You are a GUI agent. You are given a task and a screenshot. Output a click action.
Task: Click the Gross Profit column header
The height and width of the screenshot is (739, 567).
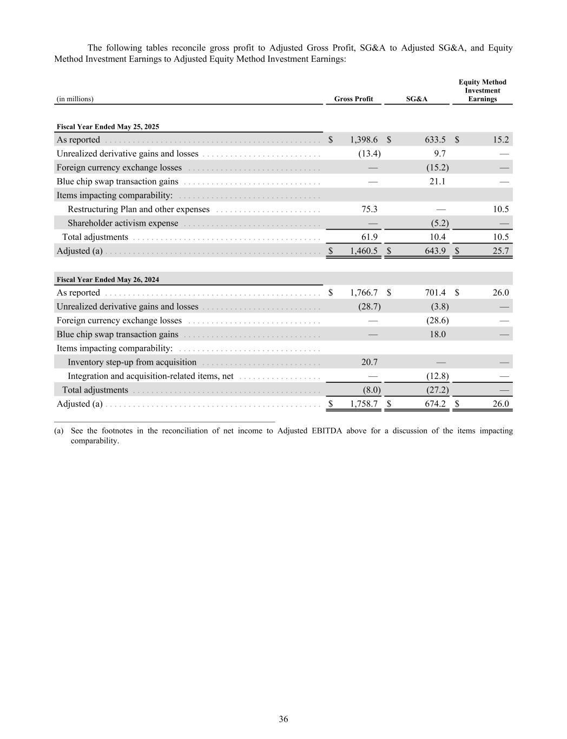click(x=353, y=99)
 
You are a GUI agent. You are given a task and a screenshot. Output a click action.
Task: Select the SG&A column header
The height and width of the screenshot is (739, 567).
click(x=417, y=99)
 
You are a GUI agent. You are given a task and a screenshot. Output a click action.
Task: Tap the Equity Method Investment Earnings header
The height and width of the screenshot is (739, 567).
click(x=482, y=90)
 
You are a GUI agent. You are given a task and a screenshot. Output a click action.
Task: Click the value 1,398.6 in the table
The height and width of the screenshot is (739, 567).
click(x=364, y=140)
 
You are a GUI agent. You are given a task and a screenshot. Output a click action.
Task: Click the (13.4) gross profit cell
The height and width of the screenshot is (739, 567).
click(x=370, y=154)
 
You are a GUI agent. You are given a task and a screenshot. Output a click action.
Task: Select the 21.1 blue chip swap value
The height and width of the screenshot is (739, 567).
click(x=437, y=181)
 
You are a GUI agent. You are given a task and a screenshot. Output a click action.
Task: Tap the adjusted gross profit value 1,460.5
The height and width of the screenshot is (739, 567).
click(x=364, y=251)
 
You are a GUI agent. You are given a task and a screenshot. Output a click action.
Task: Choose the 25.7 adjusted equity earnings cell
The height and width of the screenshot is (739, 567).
click(x=500, y=251)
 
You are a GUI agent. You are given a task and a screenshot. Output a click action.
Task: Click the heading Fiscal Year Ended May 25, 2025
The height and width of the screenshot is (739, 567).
click(x=108, y=127)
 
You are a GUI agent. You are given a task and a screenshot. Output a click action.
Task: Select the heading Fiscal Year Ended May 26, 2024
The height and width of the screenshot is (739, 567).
click(x=108, y=280)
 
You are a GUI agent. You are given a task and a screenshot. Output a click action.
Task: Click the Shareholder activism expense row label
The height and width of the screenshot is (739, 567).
click(x=123, y=224)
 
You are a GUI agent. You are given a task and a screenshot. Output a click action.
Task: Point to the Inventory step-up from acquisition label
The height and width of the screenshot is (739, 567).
click(x=132, y=362)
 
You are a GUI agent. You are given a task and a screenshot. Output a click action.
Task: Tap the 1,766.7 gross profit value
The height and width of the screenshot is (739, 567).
click(x=364, y=293)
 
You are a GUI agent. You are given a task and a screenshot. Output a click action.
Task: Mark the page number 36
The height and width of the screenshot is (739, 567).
click(x=283, y=719)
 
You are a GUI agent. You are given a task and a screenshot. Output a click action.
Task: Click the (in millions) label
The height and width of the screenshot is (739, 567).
click(x=75, y=99)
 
